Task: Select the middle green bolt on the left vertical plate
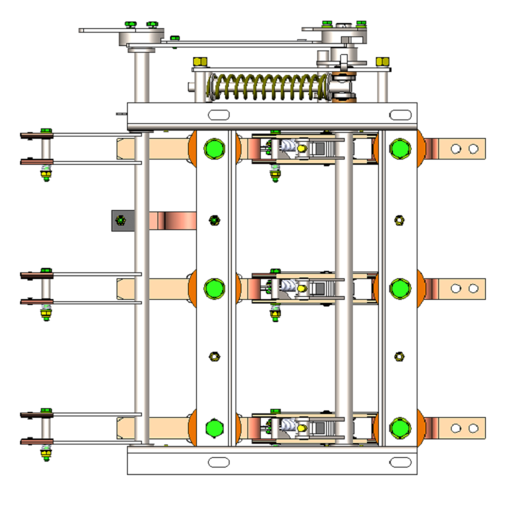click(x=214, y=287)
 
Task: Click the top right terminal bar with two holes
click(x=461, y=149)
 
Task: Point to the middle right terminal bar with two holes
click(x=461, y=288)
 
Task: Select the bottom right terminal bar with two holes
click(x=461, y=427)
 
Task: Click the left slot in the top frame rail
click(x=218, y=115)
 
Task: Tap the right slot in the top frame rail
click(x=400, y=115)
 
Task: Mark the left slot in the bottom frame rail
click(x=218, y=462)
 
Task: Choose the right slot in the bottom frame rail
click(x=400, y=462)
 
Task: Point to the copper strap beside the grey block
click(x=172, y=220)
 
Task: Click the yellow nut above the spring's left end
click(x=199, y=62)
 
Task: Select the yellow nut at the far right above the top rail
click(x=383, y=62)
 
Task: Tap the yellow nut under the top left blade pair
click(x=46, y=177)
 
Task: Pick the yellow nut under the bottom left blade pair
click(x=46, y=453)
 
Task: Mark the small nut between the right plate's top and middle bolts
click(x=399, y=220)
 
